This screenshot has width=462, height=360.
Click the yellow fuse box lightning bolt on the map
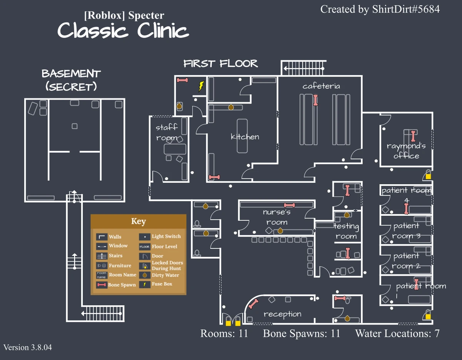pos(201,86)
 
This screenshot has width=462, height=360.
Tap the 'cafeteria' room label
pos(321,86)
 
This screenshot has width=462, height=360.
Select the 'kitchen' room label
pos(245,137)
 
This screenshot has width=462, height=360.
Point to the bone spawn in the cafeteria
pos(316,100)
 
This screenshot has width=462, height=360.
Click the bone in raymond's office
pos(413,136)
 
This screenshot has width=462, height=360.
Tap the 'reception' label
pos(282,314)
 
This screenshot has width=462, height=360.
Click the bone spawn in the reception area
pos(253,304)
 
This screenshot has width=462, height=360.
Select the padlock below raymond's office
pos(428,175)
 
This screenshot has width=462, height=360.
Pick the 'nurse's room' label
pos(277,217)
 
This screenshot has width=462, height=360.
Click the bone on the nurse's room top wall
pos(290,205)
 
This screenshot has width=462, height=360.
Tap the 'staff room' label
pos(167,132)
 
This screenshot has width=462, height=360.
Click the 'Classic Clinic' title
pos(123,30)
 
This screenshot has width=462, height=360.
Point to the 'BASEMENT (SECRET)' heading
pos(71,80)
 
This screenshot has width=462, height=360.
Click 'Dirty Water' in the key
pos(165,275)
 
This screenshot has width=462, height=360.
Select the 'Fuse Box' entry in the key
pos(162,284)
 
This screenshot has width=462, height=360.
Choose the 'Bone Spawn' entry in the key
pos(122,285)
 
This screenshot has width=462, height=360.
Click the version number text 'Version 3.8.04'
pos(28,347)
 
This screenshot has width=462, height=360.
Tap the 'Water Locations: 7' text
pos(397,333)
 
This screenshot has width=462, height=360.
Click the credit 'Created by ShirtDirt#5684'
pos(380,9)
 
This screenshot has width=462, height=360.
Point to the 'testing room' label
pos(346,231)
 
